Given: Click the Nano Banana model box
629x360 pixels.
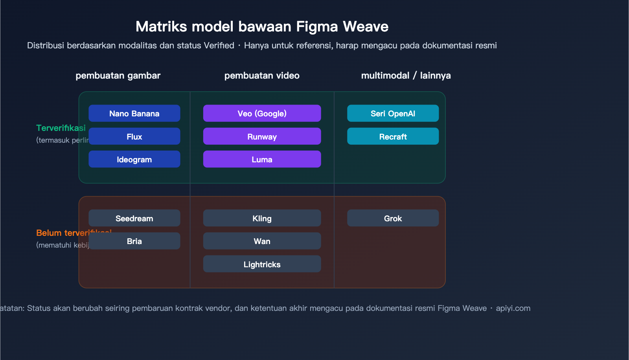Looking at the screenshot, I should point(134,113).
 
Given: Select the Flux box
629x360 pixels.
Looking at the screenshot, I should point(134,136).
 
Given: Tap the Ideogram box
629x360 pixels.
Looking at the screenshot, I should point(134,159).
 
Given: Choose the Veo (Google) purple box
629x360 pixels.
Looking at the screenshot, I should point(262,113).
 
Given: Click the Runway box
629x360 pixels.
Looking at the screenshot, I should point(262,136).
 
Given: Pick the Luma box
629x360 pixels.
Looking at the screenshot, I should point(262,159).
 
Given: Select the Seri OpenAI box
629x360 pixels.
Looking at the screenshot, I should point(393,113).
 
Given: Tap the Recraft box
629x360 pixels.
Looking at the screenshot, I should point(393,136).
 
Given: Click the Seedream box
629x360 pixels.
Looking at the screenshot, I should point(134,218).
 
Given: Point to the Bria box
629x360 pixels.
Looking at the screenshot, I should point(134,241).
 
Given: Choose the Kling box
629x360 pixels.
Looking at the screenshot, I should point(262,218).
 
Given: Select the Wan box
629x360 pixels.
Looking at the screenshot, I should point(262,241).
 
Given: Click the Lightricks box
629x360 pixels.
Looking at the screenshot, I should point(262,264).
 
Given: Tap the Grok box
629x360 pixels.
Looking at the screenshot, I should point(393,218).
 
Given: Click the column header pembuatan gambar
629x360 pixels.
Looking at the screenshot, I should point(118,75).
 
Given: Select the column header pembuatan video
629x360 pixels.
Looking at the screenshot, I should point(262,75).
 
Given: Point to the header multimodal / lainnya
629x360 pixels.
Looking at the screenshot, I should point(406,75).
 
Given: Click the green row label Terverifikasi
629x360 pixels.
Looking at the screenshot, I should point(61,128).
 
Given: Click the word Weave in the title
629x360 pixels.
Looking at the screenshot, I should point(365,27).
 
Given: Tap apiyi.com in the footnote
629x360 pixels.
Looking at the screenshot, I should point(513,308).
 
